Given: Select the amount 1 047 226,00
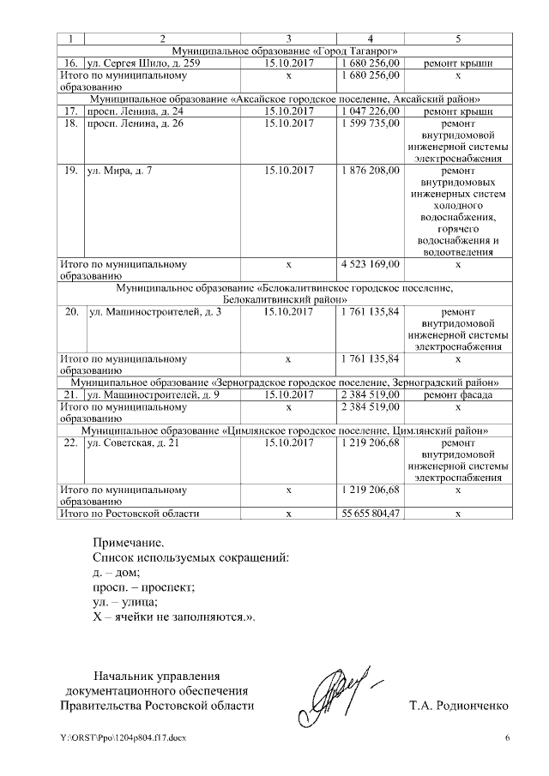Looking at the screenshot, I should [x=370, y=111].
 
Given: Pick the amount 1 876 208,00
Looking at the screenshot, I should [x=370, y=171].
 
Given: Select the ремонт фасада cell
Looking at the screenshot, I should [x=458, y=394].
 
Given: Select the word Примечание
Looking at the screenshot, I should [x=128, y=542].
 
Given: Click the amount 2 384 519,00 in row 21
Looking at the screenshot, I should [x=370, y=394].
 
